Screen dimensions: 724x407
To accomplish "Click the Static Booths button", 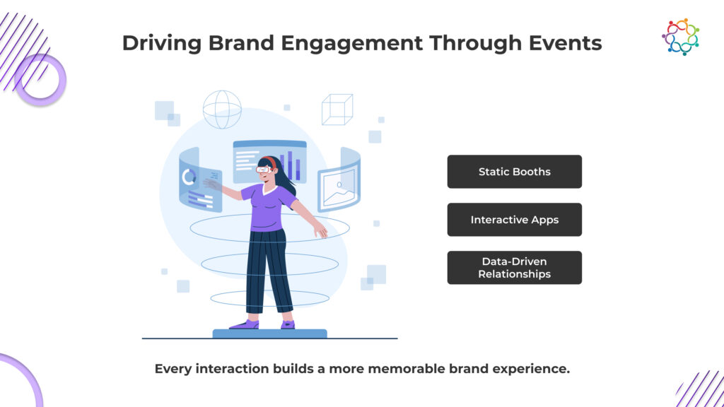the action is point(515,172).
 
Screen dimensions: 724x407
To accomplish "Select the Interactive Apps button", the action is point(515,220).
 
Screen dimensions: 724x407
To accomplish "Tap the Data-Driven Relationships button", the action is point(515,268).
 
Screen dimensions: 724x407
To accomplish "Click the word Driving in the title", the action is point(162,44).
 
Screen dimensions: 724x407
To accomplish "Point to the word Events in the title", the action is point(565,43).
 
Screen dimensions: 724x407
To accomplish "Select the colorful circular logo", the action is point(681,37).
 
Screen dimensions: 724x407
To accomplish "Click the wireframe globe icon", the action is point(222,110).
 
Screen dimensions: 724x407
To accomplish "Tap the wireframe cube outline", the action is point(337,110).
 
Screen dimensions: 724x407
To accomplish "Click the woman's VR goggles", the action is point(264,170).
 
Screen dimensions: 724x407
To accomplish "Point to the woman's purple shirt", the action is point(269,207).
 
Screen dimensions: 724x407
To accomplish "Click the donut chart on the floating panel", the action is point(188,177).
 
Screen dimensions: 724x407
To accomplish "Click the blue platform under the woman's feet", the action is point(269,334).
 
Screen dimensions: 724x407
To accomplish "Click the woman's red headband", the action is point(269,162).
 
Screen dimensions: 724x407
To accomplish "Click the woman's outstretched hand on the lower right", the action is point(320,230).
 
